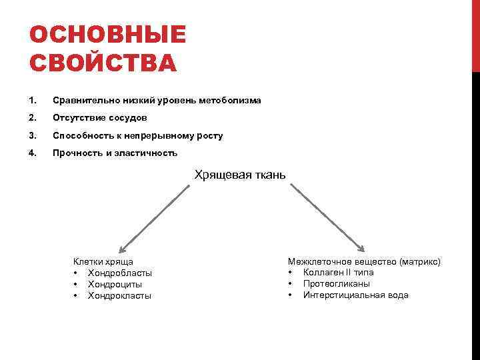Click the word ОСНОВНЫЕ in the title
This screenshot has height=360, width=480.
(108, 35)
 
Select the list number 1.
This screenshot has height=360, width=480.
(33, 101)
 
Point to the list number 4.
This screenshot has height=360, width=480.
(33, 153)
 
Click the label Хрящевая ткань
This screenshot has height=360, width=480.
(240, 175)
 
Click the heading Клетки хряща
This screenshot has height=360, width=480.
(103, 262)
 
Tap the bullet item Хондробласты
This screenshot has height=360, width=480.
(120, 273)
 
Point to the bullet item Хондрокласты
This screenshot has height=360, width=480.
(120, 296)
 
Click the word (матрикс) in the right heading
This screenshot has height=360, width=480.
(419, 262)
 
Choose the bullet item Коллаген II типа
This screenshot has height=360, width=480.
(339, 273)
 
